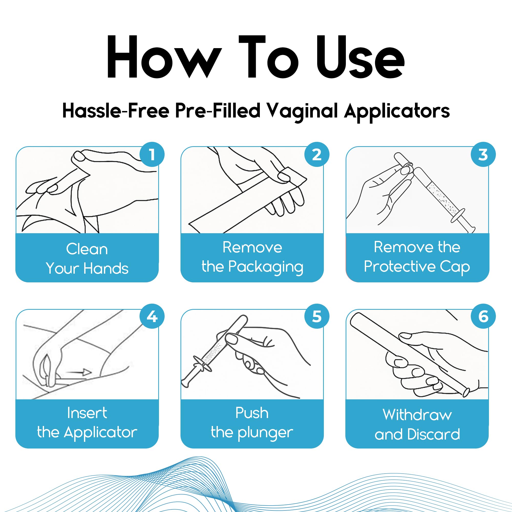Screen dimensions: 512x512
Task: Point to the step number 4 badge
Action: (152, 316)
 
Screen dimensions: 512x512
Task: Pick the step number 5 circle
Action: (317, 316)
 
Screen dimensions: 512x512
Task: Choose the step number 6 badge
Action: (483, 316)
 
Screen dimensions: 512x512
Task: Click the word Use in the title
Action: (360, 57)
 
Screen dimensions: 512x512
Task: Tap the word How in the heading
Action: (164, 57)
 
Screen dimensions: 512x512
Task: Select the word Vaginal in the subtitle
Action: (302, 112)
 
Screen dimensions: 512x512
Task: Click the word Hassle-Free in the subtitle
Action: (116, 110)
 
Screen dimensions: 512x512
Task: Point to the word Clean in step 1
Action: (87, 249)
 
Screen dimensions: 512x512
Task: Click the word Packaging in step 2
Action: (266, 267)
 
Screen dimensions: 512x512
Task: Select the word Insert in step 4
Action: (87, 413)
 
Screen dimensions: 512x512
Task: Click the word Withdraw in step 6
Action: (417, 415)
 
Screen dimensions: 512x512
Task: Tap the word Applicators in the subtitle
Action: (397, 112)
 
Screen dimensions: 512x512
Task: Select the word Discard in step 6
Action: (434, 434)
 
